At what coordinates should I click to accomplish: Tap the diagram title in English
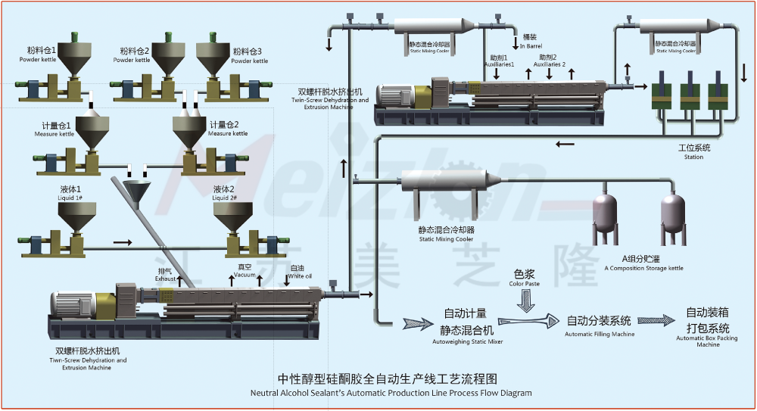click(391, 393)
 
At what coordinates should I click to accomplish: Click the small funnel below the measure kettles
click(137, 188)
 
